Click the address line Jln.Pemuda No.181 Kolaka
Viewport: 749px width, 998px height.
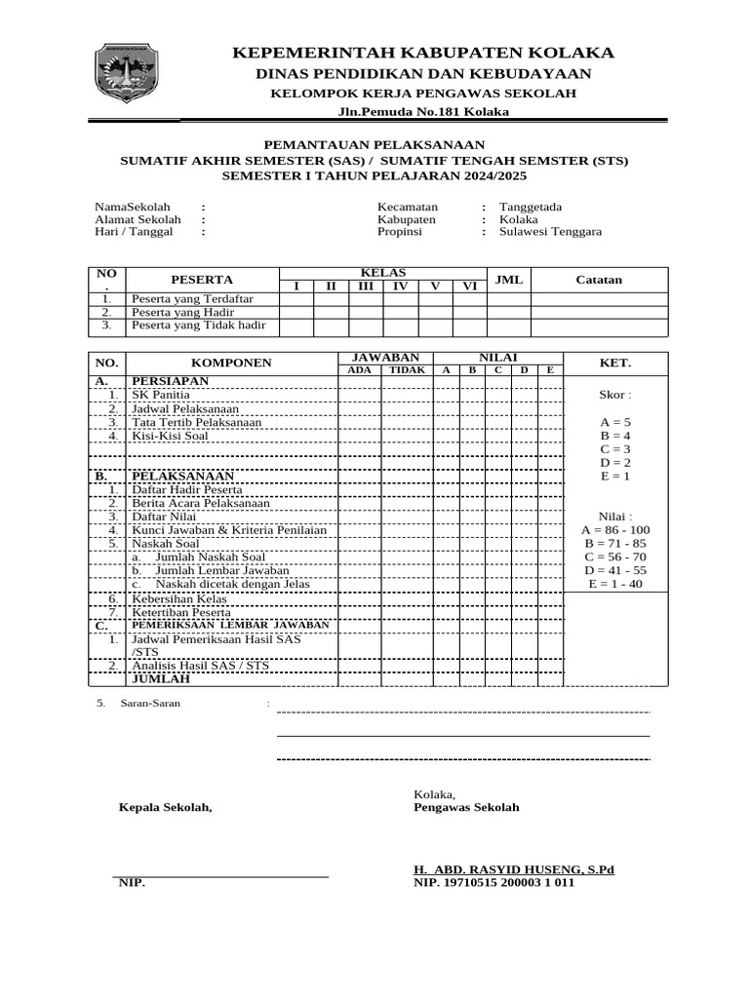pos(423,112)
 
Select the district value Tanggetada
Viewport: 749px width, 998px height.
pos(531,207)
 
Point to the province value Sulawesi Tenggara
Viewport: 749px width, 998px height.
pos(550,232)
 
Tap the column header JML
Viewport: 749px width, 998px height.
pos(509,280)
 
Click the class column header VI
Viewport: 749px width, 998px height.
pos(469,286)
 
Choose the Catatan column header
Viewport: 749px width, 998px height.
pos(599,280)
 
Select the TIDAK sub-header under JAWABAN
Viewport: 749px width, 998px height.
pos(407,370)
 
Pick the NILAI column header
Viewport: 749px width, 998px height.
pos(497,358)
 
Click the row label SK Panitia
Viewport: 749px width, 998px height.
pos(161,395)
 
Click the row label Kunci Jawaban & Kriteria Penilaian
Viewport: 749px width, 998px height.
pos(229,530)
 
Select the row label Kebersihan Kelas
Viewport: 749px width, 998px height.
pos(179,598)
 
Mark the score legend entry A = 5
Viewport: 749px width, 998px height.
pos(615,422)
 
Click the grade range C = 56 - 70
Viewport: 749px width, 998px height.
pos(614,557)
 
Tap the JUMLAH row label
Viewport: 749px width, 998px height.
pos(161,678)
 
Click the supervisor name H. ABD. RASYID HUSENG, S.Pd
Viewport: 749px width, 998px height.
pos(514,869)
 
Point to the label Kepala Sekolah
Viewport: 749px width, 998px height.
pos(165,807)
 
